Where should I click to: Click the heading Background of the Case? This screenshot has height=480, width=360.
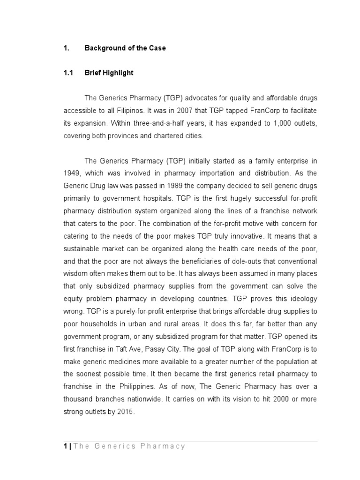125,48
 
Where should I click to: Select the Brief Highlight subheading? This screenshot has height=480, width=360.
109,73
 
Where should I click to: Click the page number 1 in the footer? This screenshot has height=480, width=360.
66,446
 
